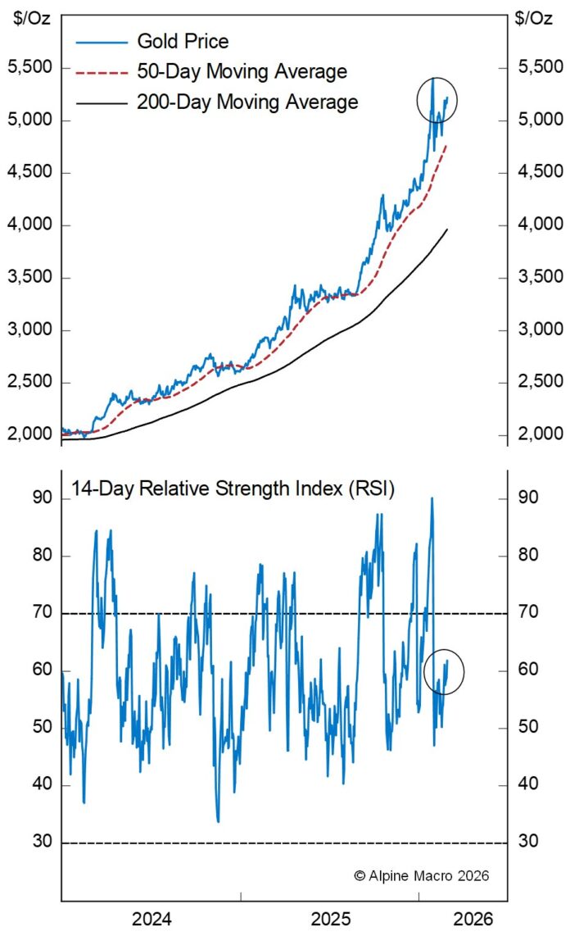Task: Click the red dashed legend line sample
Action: tap(102, 72)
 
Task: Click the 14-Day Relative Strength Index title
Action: tap(233, 490)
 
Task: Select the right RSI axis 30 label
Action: tap(528, 843)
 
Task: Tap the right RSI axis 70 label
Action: tap(528, 612)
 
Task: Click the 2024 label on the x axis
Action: tap(152, 920)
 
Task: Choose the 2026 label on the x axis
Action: tap(474, 920)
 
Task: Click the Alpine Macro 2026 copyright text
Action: tap(421, 875)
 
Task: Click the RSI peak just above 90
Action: tap(432, 498)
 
